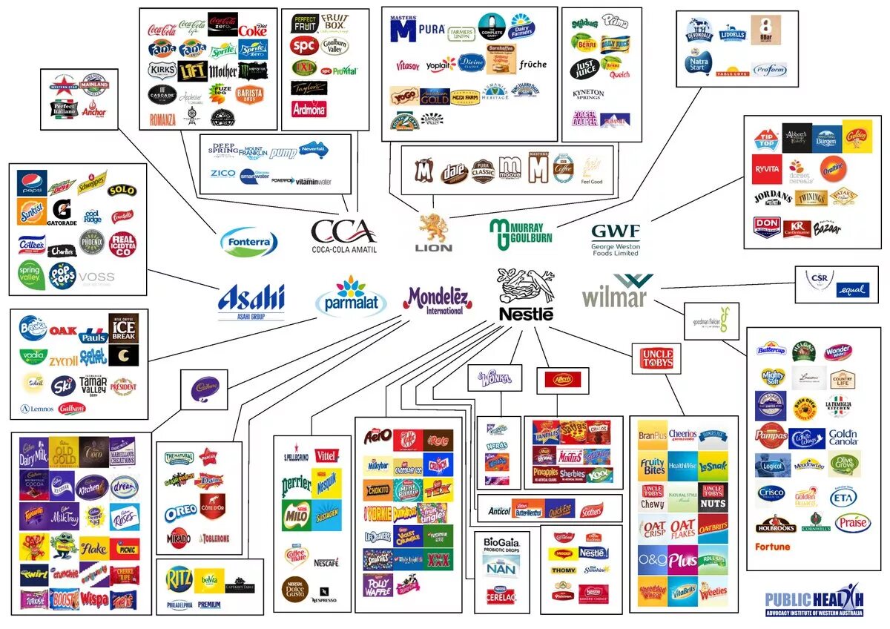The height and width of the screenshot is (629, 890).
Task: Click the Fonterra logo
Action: click(249, 242)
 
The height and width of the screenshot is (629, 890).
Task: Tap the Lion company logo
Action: click(435, 232)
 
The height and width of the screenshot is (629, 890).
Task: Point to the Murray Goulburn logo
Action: click(521, 235)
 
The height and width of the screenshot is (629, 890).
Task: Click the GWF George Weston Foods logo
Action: click(616, 237)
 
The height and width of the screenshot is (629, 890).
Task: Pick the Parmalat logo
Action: click(351, 297)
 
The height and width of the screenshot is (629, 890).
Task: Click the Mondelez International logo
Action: click(438, 301)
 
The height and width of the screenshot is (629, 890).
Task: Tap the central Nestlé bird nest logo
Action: click(526, 294)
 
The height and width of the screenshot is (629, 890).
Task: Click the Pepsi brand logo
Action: click(32, 183)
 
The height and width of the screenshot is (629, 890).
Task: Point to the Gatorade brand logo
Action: click(62, 211)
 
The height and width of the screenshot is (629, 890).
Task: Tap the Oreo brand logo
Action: click(181, 511)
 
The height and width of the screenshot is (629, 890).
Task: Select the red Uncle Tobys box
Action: click(656, 359)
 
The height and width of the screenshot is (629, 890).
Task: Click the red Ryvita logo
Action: click(767, 169)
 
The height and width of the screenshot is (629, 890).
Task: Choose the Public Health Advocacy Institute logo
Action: click(814, 602)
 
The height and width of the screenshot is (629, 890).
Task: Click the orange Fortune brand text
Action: click(772, 547)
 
